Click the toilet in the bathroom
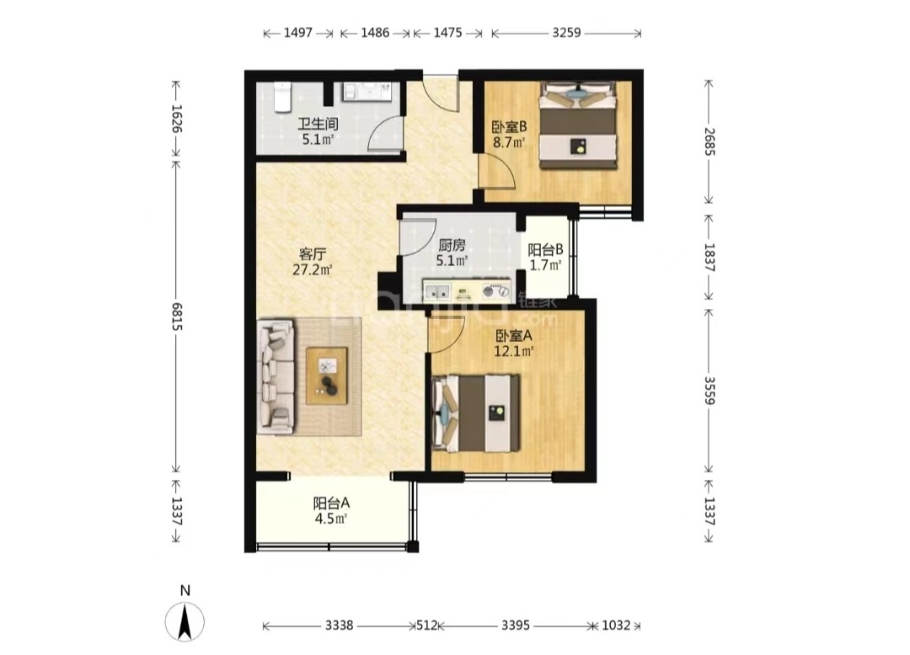282,97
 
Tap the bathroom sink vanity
368,92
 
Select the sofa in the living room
276,376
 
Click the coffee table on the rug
327,375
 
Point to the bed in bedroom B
577,125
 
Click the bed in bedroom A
476,413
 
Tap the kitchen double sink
437,291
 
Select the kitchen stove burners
495,291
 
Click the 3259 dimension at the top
566,33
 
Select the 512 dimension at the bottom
426,625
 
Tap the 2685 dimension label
709,142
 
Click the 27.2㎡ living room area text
313,269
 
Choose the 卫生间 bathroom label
318,124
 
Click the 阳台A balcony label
331,503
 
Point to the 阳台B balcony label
545,250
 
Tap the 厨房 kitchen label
452,245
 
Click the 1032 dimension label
616,625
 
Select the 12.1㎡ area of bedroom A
514,351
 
